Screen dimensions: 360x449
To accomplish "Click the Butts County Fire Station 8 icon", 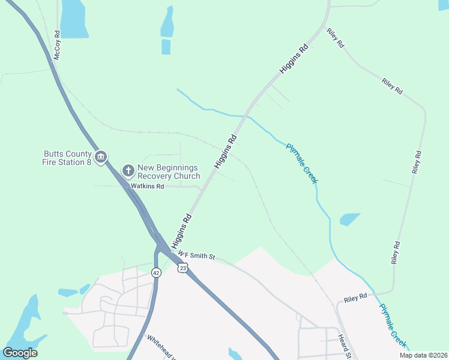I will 101,157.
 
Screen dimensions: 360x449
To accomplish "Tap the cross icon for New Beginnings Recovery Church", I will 128,171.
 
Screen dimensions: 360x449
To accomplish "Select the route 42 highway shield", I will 156,272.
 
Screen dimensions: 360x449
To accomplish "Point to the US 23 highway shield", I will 182,268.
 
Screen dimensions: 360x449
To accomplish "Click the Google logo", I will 20,353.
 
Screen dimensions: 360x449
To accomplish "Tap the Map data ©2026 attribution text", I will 423,355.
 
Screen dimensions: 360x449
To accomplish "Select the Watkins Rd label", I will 148,187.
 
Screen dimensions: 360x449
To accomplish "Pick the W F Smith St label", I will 196,256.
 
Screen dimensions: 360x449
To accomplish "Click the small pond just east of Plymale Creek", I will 350,219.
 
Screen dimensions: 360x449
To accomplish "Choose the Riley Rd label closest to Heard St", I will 355,299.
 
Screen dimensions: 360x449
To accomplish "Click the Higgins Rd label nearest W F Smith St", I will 181,231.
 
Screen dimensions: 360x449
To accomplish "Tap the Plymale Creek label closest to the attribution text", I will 393,326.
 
